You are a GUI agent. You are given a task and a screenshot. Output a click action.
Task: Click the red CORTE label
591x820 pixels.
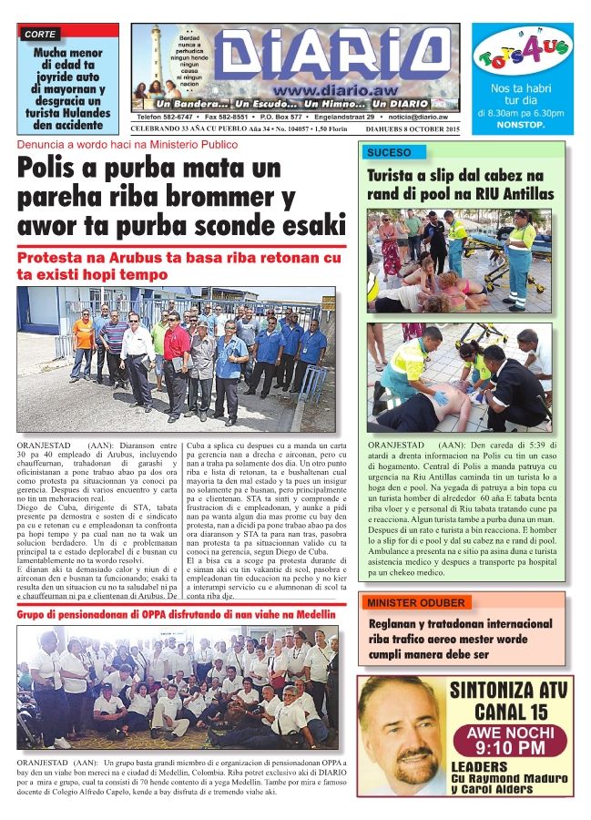[x=41, y=34]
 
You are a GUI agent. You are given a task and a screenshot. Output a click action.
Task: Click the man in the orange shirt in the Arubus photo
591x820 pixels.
[x=84, y=333]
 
